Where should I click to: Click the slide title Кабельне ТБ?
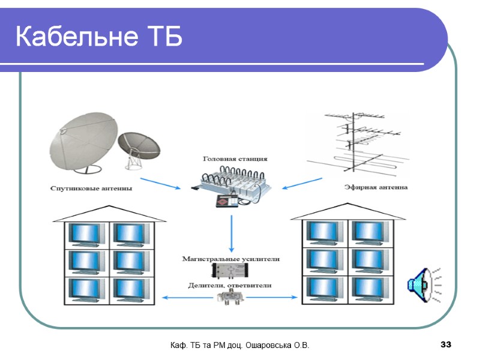point(98,37)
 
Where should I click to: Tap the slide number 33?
point(445,345)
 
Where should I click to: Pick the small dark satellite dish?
point(139,148)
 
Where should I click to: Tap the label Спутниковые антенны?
point(91,188)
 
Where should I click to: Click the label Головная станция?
point(235,159)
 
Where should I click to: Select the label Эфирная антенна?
point(376,187)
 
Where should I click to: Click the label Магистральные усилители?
point(231,259)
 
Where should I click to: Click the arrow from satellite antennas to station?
point(160,183)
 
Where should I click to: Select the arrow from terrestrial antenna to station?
point(302,183)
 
